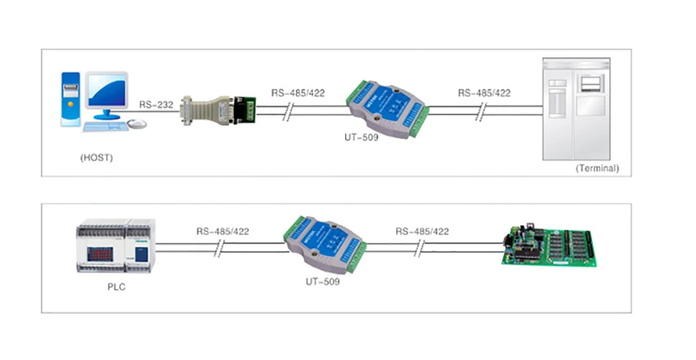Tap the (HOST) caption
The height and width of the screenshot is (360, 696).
point(97,156)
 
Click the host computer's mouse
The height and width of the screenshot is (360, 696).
point(138,123)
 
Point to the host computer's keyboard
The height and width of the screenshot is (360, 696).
point(104,127)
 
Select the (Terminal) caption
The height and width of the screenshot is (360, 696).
point(597,169)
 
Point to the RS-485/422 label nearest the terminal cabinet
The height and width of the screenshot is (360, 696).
point(484,93)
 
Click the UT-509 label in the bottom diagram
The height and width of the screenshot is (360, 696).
point(318,282)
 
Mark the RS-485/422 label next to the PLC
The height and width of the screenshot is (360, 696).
point(222,232)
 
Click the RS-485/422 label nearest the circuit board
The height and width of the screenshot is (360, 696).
point(422,232)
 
